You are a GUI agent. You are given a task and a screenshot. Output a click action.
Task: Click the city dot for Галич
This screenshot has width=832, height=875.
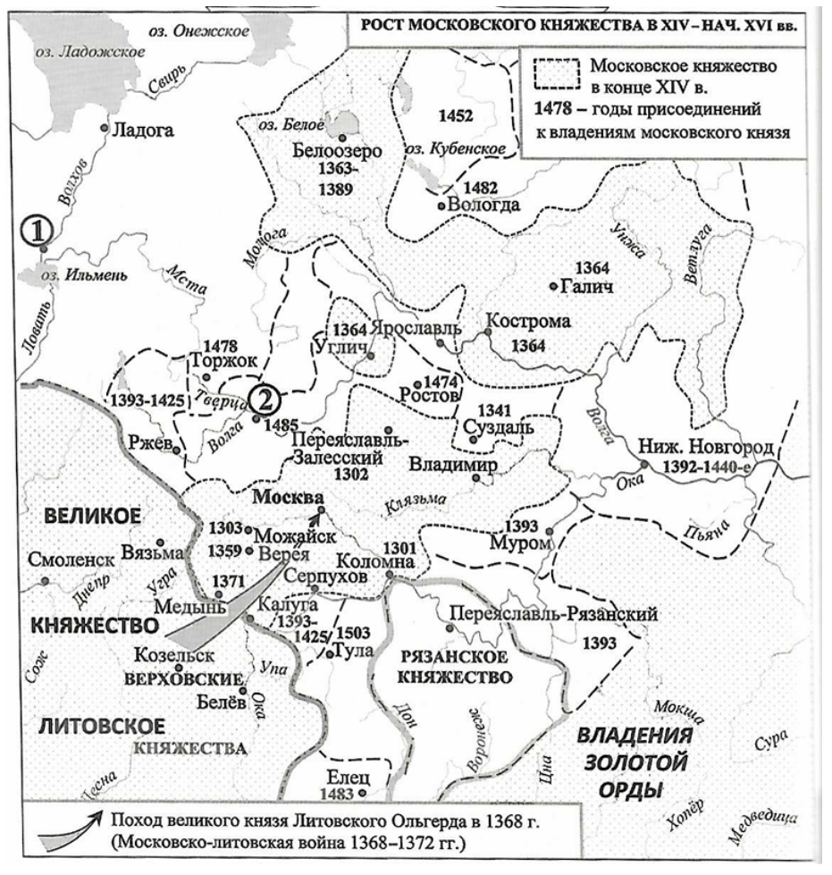(x=552, y=286)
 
